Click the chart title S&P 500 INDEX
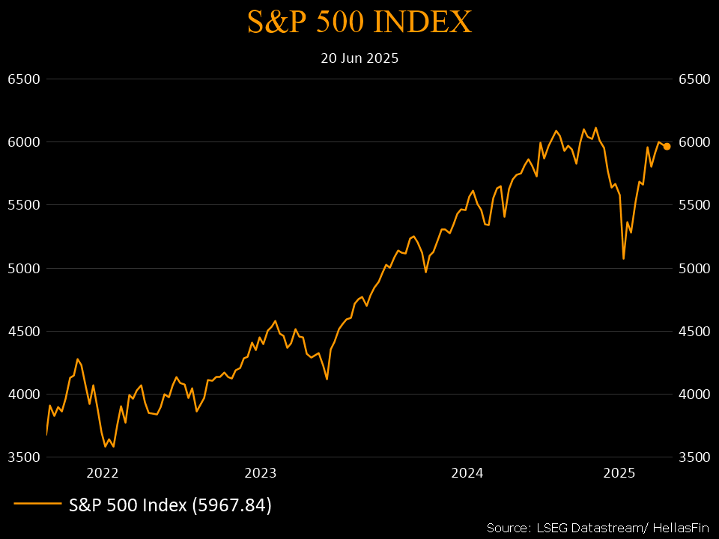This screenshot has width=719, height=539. [x=359, y=22]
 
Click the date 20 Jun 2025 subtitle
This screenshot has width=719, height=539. [x=359, y=58]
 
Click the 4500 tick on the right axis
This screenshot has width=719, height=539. [x=693, y=332]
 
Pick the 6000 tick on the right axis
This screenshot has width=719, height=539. [x=693, y=142]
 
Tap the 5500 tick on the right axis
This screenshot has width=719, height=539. [x=693, y=205]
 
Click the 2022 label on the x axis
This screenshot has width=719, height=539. [x=103, y=473]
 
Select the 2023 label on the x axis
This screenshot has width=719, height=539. [x=261, y=473]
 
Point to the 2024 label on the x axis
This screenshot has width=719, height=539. [x=467, y=473]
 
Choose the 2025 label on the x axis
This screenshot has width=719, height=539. [x=619, y=473]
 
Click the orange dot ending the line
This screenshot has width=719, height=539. [x=667, y=147]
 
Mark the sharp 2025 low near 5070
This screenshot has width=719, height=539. [x=623, y=258]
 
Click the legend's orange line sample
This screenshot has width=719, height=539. [x=37, y=505]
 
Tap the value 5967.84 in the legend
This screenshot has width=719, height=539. [x=231, y=505]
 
